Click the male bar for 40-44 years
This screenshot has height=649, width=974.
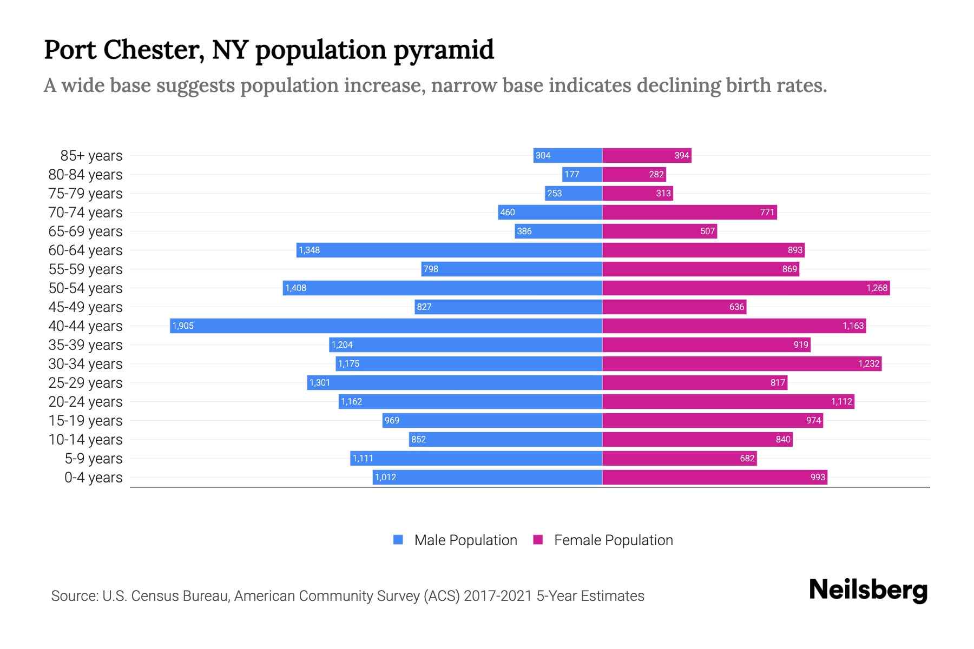pyautogui.click(x=385, y=326)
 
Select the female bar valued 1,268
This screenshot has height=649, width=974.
pyautogui.click(x=746, y=288)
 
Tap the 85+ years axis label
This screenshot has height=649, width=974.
pyautogui.click(x=91, y=156)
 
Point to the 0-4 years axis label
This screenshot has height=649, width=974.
pyautogui.click(x=93, y=478)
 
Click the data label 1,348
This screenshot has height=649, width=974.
pyautogui.click(x=310, y=250)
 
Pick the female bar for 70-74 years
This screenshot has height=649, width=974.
pyautogui.click(x=689, y=212)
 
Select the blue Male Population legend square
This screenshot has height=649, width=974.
pyautogui.click(x=398, y=540)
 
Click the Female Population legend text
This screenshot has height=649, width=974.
pyautogui.click(x=613, y=540)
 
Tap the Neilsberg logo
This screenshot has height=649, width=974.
pyautogui.click(x=868, y=590)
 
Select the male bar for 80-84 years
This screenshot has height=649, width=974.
pyautogui.click(x=582, y=174)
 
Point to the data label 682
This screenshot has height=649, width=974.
pyautogui.click(x=747, y=459)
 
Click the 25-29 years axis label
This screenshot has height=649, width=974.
pyautogui.click(x=85, y=383)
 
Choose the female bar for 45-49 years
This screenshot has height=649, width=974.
pyautogui.click(x=674, y=307)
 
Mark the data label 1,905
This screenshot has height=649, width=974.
pyautogui.click(x=183, y=326)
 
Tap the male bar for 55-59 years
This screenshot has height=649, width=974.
pyautogui.click(x=511, y=269)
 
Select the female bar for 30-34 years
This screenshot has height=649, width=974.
pyautogui.click(x=741, y=363)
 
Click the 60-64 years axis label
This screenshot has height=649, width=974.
pyautogui.click(x=85, y=250)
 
